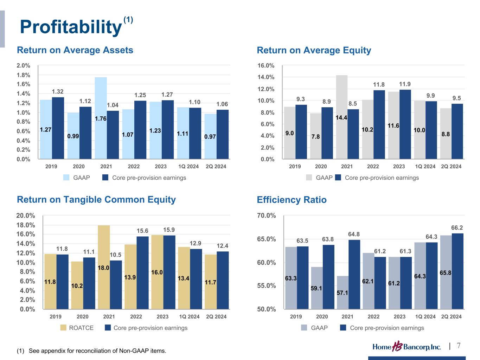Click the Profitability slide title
70,27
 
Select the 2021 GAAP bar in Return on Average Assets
101,118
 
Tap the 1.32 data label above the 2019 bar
58,92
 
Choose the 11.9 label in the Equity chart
405,84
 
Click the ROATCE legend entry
77,328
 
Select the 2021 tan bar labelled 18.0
104,267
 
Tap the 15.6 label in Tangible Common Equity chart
142,231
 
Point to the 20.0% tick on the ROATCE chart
26,216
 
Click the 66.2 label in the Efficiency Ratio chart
457,228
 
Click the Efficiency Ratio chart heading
292,200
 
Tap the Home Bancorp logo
407,347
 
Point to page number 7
459,346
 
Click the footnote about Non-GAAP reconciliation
91,351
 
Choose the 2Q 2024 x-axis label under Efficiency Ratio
451,317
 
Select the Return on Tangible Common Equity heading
96,200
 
